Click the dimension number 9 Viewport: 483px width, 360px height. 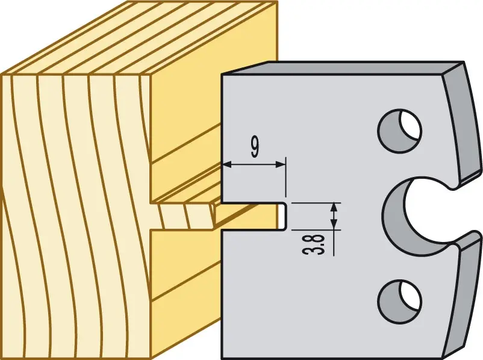255,147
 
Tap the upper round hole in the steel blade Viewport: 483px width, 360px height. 399,130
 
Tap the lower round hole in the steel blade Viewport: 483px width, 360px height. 399,301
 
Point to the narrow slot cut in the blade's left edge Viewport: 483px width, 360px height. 254,216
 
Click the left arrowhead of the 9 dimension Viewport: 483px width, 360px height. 226,165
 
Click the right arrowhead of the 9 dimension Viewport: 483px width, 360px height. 281,165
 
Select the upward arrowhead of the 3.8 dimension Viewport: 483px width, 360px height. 334,207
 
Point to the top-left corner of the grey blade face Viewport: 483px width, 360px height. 222,75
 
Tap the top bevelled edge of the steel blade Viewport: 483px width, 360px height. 342,68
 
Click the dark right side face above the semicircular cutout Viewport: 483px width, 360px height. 462,123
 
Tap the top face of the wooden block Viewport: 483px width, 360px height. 139,37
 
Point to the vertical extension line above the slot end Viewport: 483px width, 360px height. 286,177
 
